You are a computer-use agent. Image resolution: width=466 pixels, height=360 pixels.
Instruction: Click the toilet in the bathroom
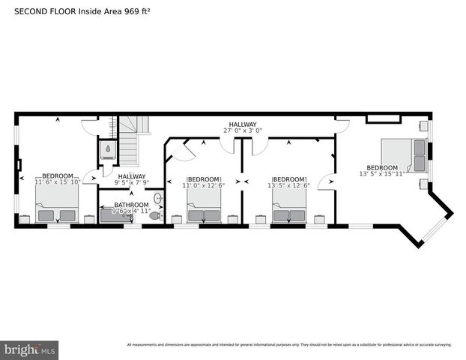(x=155, y=215)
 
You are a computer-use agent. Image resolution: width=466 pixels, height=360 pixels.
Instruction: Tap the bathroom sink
(x=158, y=199)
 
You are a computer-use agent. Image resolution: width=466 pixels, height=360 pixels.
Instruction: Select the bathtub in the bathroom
(x=116, y=216)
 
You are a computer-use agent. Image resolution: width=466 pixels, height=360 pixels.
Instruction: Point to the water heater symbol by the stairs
(x=109, y=150)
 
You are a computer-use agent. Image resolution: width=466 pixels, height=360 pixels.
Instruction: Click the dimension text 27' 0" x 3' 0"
(x=243, y=130)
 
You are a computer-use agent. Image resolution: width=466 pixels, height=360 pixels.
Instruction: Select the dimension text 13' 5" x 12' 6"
(x=290, y=186)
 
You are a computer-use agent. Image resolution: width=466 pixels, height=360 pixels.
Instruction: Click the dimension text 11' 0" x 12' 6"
(x=204, y=186)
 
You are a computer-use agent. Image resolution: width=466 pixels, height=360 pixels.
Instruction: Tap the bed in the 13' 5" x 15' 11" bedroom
(x=405, y=156)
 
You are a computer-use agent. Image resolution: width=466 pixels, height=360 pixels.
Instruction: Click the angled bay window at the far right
(x=435, y=222)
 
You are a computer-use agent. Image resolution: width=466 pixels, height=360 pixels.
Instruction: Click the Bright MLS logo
(x=30, y=349)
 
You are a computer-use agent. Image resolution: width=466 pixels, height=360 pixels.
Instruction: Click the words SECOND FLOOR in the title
(x=41, y=11)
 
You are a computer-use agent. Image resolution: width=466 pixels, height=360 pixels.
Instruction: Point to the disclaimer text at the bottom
(x=288, y=345)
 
